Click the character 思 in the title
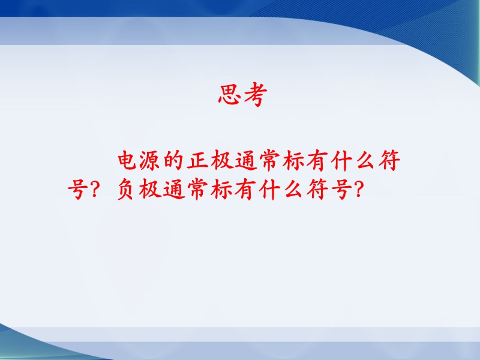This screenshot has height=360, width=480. pyautogui.click(x=230, y=95)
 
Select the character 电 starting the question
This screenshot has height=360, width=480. pyautogui.click(x=127, y=160)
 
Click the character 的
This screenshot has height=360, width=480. pyautogui.click(x=173, y=160)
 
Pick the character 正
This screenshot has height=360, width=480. pyautogui.click(x=198, y=160)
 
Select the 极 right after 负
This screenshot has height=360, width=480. pyautogui.click(x=150, y=190)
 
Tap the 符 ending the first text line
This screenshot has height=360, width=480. pyautogui.click(x=389, y=160)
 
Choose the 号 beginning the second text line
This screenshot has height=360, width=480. pyautogui.click(x=76, y=190)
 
